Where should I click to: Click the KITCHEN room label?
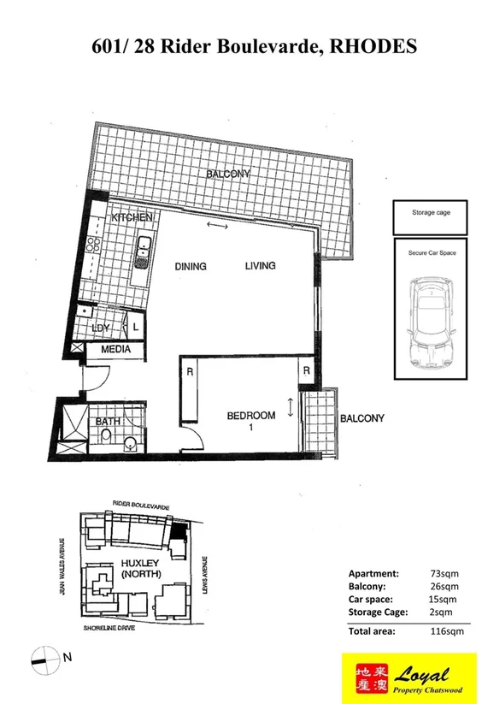132,218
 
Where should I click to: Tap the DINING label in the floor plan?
191,266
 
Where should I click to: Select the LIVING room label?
260,266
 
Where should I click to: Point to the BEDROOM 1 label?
250,421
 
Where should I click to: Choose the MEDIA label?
115,351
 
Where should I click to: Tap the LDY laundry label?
100,328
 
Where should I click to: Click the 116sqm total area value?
445,632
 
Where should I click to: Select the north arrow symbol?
44,657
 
